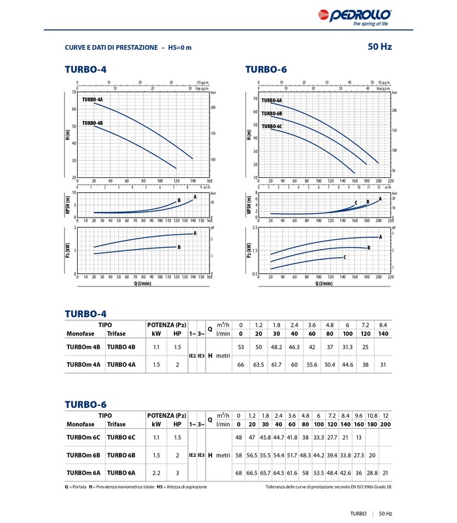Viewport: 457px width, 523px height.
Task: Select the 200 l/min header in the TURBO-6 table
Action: click(386, 424)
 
